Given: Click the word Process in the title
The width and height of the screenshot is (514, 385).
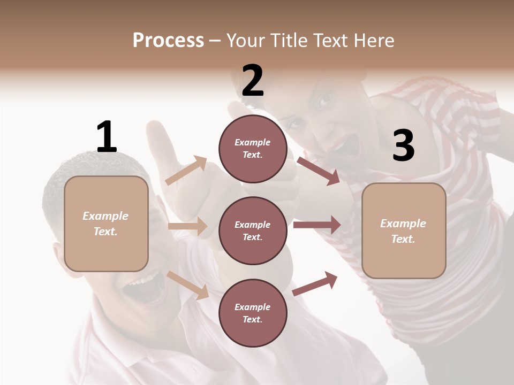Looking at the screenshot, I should pos(168,41).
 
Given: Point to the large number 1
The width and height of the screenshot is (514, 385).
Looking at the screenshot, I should pos(106,137).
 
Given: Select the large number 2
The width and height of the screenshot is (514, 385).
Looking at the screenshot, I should pos(253,81).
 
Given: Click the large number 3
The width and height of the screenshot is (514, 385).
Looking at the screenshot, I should pos(403,145).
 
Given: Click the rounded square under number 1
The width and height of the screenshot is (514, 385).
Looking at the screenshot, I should pos(106,224).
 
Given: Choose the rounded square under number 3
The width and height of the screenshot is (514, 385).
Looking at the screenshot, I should pos(404,230).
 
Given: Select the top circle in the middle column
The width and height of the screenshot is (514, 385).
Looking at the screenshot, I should pos(253,149).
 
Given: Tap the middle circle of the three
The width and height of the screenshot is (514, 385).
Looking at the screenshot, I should pos(253,230).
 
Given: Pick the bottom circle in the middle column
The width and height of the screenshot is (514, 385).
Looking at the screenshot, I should pos(253,313).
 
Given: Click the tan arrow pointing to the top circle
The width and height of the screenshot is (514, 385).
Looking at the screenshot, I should pos(186,170).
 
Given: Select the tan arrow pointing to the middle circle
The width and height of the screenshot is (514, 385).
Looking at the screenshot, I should pos(187,226).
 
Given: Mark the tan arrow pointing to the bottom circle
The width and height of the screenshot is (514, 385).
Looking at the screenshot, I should pos(187,285).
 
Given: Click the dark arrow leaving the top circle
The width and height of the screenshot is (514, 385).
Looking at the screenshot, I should pos(318,171).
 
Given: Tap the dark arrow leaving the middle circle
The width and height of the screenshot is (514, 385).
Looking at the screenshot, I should pos(317,225).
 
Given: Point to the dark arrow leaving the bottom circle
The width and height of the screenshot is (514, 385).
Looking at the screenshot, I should pos(315,283).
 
